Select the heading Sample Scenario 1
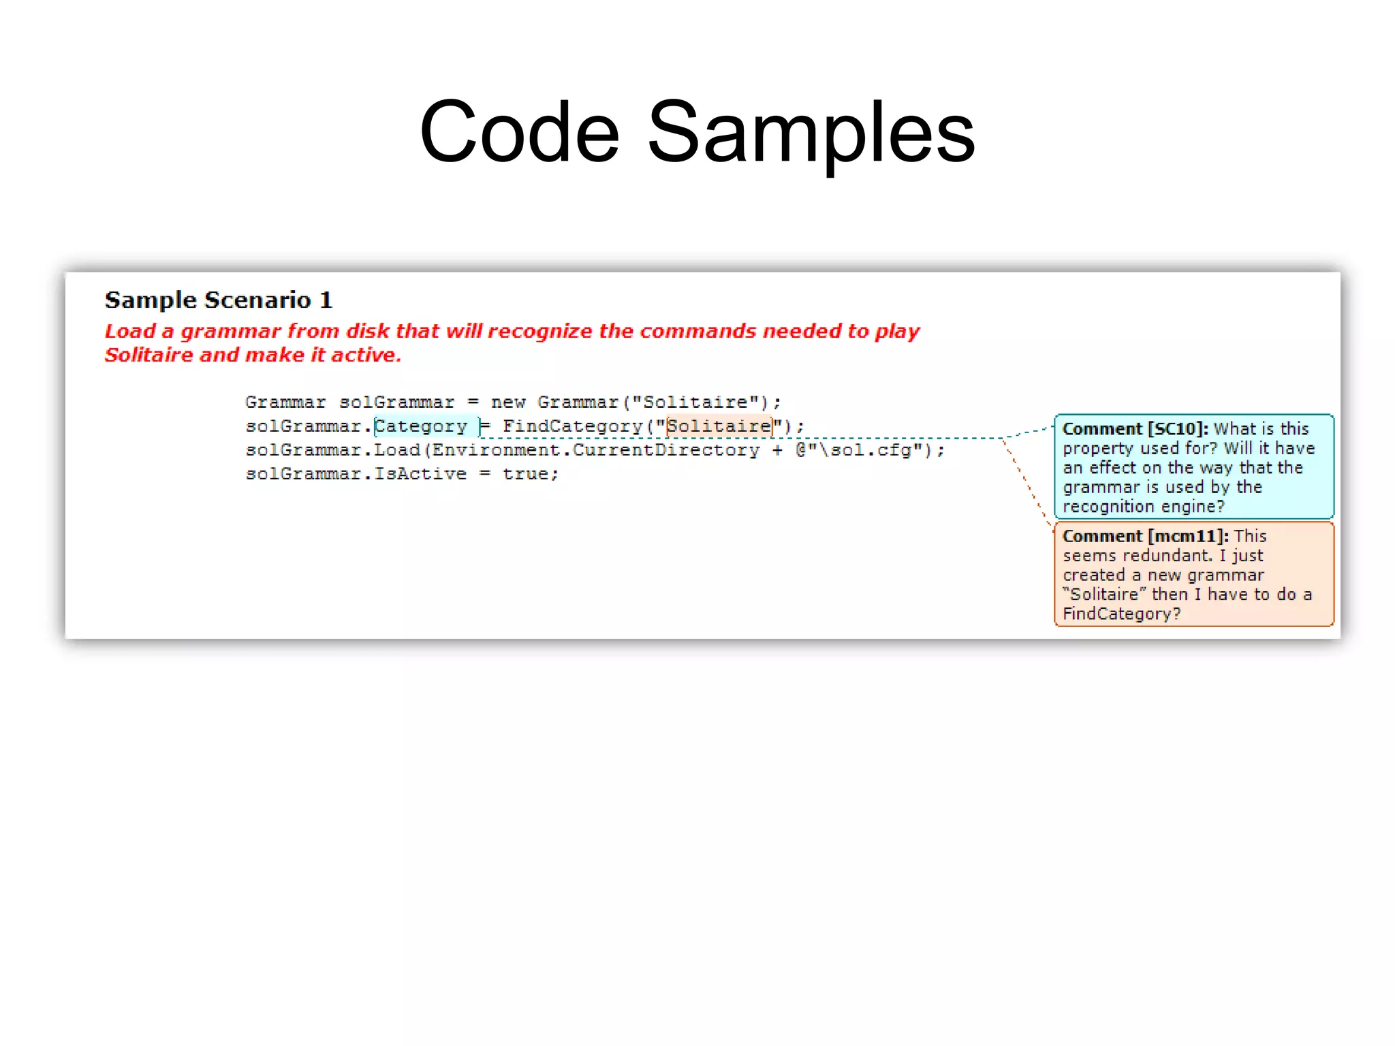218,300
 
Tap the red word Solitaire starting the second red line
148,355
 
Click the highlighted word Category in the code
421,426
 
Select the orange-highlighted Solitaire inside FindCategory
719,426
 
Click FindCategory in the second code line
572,426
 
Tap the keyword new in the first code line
508,402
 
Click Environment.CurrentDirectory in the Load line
596,450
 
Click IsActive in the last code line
420,474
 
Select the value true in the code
529,474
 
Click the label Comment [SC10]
1135,429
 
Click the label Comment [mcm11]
1145,536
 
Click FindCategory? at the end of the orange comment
1121,614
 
